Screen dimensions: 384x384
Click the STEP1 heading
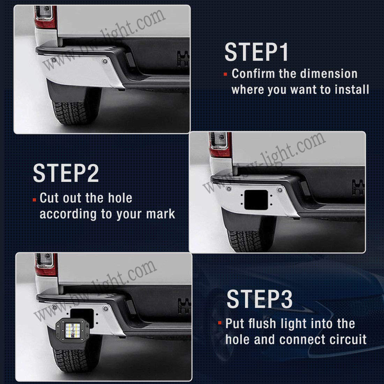coord(256,52)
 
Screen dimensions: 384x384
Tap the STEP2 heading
coord(66,173)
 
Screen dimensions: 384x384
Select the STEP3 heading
coord(260,299)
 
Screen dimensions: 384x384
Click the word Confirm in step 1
coord(253,74)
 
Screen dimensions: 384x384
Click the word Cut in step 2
coord(50,198)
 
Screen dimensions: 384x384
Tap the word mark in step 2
coord(161,214)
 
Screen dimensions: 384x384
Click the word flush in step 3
coord(262,324)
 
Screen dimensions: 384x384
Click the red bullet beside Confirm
coord(225,74)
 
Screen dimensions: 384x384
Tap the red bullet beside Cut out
coord(34,200)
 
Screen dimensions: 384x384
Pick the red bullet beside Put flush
coord(220,323)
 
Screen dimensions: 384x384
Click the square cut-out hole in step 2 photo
coord(256,200)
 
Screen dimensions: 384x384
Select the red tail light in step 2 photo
coord(221,145)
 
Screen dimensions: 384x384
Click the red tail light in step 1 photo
coord(45,17)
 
